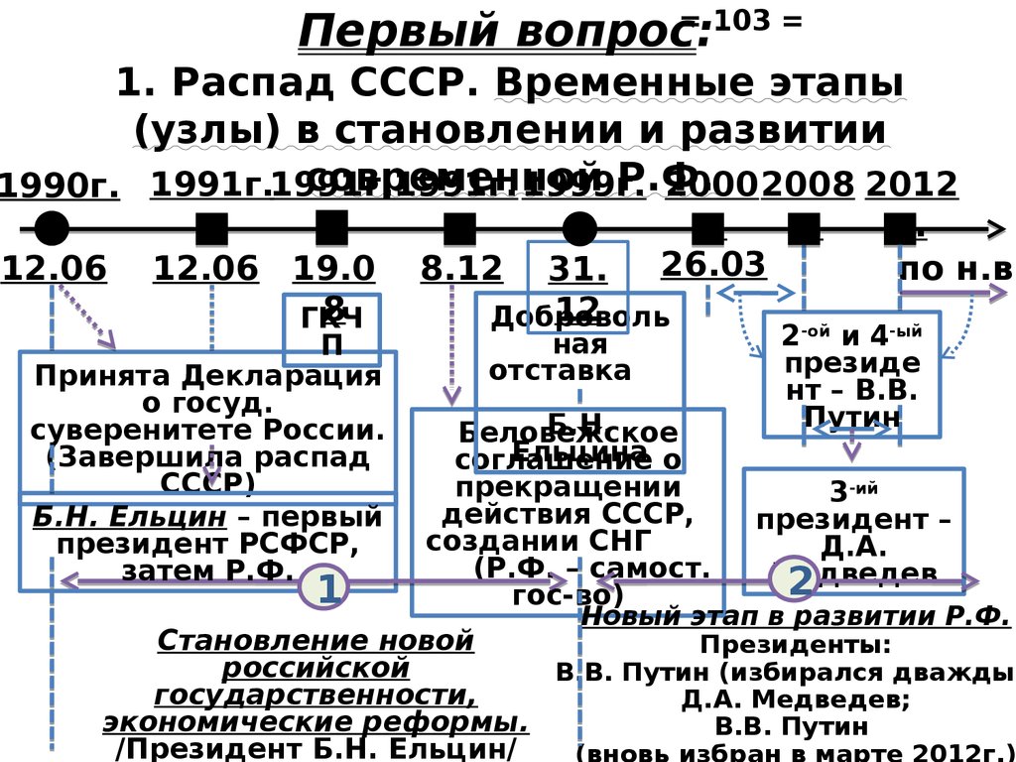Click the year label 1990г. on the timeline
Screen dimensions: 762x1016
pyautogui.click(x=59, y=186)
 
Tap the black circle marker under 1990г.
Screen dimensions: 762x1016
pyautogui.click(x=52, y=229)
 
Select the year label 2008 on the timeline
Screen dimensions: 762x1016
pyautogui.click(x=807, y=186)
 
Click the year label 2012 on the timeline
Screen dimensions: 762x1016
pyautogui.click(x=911, y=185)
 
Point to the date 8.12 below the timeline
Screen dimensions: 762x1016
pyautogui.click(x=462, y=268)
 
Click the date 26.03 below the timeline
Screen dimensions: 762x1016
pyautogui.click(x=713, y=264)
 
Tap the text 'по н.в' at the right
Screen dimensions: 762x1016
pyautogui.click(x=954, y=269)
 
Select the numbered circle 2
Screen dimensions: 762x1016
pyautogui.click(x=799, y=580)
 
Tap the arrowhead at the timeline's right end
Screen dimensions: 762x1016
pyautogui.click(x=995, y=229)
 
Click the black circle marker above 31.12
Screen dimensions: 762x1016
pyautogui.click(x=579, y=229)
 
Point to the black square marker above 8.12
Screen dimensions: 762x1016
pyautogui.click(x=459, y=229)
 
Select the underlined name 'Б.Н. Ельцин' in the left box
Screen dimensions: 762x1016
pyautogui.click(x=130, y=517)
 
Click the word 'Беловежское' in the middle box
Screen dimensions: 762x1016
pyautogui.click(x=568, y=434)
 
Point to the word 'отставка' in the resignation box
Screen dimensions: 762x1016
pyautogui.click(x=561, y=370)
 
